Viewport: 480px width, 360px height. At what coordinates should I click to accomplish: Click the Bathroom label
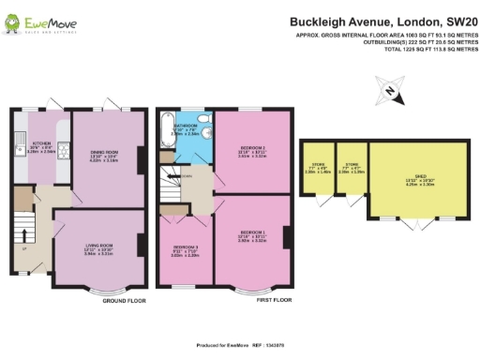click(x=184, y=127)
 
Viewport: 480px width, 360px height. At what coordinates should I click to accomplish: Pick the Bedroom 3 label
click(x=186, y=248)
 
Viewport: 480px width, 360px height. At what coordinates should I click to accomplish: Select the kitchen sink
click(x=20, y=170)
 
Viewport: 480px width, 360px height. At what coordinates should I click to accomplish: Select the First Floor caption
click(x=273, y=301)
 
